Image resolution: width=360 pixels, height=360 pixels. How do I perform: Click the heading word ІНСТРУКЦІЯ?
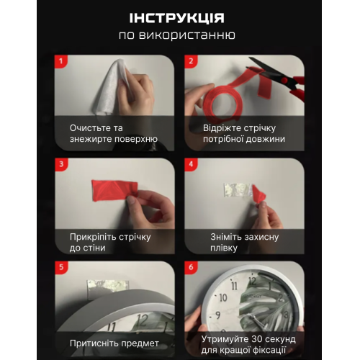pyautogui.click(x=177, y=18)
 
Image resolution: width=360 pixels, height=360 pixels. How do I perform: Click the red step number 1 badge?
pyautogui.click(x=61, y=61)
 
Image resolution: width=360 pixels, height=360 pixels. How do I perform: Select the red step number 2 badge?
pyautogui.click(x=191, y=61)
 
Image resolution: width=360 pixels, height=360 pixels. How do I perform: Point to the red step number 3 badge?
pyautogui.click(x=61, y=164)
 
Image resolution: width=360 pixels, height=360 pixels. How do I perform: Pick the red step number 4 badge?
pyautogui.click(x=191, y=164)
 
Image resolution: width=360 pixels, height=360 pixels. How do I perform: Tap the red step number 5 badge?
pyautogui.click(x=61, y=267)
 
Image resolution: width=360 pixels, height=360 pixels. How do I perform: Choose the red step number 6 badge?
pyautogui.click(x=191, y=267)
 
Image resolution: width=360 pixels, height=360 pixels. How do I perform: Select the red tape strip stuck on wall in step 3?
pyautogui.click(x=114, y=190)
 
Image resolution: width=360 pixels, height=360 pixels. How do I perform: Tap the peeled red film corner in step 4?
pyautogui.click(x=258, y=194)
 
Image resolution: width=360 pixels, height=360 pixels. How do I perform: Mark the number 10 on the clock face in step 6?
pyautogui.click(x=223, y=297)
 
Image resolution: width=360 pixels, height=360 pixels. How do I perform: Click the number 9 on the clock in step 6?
pyautogui.click(x=217, y=315)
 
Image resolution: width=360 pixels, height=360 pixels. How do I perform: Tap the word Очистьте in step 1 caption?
pyautogui.click(x=88, y=128)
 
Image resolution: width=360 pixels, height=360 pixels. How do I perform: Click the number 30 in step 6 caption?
pyautogui.click(x=258, y=339)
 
